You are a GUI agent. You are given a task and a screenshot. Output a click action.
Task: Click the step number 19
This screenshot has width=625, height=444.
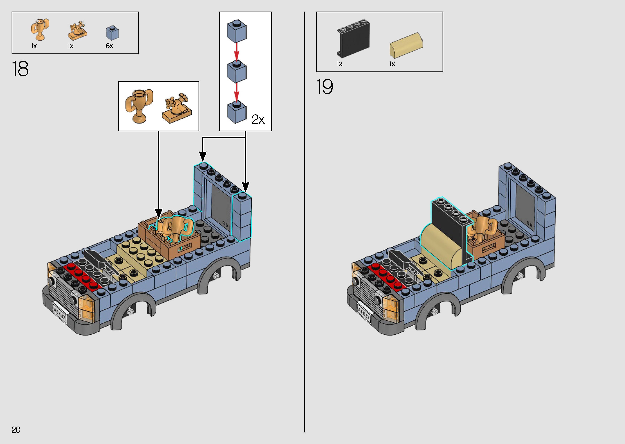point(325,87)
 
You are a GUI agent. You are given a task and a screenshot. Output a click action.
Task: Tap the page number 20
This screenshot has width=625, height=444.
point(16,430)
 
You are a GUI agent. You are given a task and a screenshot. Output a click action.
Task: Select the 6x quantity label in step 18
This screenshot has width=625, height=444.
point(109,46)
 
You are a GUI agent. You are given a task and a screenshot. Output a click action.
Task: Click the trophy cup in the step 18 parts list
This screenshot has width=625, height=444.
point(40,29)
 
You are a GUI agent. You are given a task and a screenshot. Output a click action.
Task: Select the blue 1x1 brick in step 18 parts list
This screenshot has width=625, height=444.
point(112,33)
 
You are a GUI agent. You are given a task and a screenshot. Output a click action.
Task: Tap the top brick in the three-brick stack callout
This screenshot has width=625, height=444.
point(237,31)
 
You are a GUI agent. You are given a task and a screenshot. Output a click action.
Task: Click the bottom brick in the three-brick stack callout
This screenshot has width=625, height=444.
point(237,112)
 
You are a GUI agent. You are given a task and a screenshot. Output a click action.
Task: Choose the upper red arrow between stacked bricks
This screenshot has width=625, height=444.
point(237,52)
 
